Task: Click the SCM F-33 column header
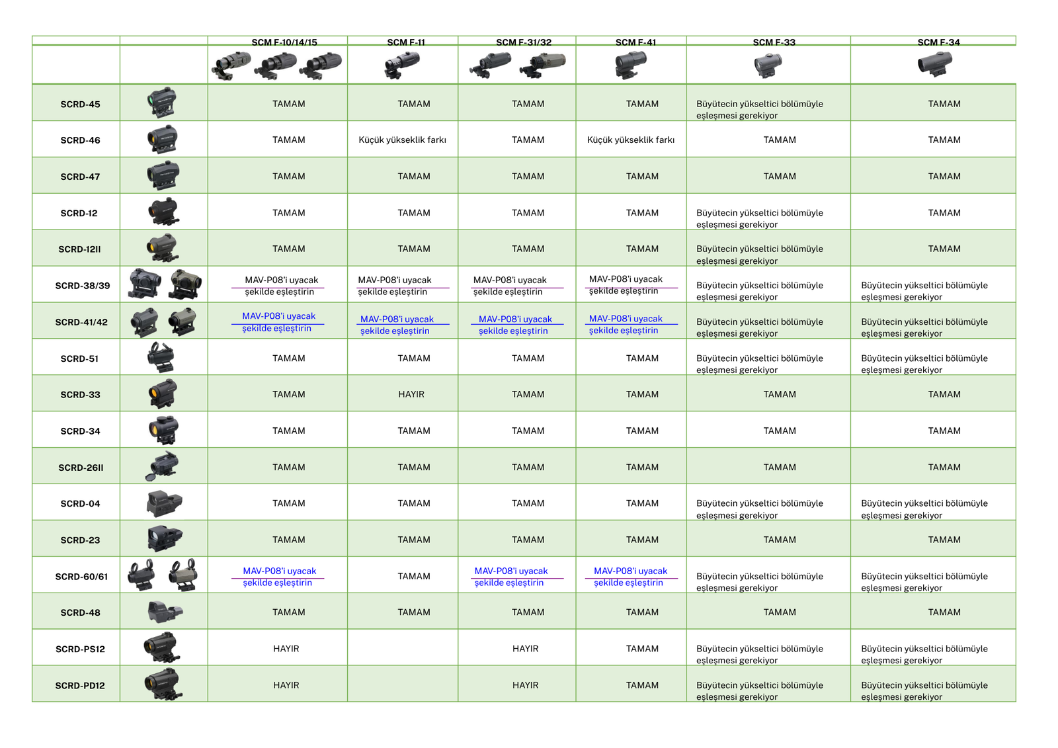774,42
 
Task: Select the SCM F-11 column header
406,42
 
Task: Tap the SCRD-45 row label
80,104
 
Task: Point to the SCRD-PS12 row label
80,649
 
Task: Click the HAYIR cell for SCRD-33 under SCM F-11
411,395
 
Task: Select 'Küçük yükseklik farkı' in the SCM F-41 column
631,140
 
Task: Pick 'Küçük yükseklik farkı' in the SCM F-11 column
402,140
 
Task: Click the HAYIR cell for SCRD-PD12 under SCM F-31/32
525,686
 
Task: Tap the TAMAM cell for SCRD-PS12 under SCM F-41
642,649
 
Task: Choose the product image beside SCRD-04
163,503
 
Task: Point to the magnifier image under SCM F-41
631,65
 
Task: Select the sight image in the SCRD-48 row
164,612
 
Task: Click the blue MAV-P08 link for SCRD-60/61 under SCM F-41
630,577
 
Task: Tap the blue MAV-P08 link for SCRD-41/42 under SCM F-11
396,325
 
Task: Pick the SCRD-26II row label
81,468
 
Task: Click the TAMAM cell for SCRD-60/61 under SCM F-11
414,577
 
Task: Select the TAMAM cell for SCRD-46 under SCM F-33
780,140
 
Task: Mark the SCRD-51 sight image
161,358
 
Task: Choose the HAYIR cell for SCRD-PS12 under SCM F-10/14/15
286,649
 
